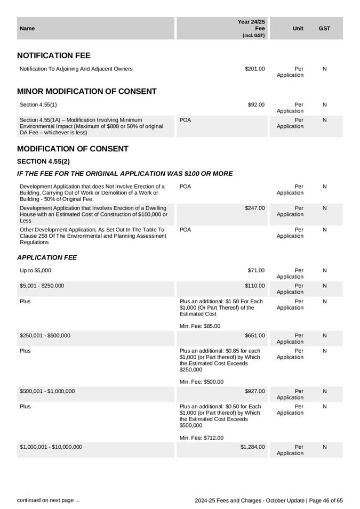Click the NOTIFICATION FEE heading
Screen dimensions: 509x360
54,55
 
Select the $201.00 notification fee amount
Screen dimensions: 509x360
254,69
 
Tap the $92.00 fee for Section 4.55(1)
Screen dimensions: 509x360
256,105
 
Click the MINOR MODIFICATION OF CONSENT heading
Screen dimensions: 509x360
87,92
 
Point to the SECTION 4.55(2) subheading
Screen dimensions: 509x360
44,161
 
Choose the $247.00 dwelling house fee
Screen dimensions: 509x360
254,208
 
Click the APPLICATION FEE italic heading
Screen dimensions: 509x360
47,258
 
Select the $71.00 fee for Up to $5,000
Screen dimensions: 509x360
256,271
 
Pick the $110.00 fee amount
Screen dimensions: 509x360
254,286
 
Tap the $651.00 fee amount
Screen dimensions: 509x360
254,336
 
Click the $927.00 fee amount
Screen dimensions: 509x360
254,391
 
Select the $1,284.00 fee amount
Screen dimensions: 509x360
252,447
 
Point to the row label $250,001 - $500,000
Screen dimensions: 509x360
45,336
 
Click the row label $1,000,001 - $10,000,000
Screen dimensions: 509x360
51,447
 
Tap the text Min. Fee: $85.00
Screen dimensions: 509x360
200,326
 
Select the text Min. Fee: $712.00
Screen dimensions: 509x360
202,438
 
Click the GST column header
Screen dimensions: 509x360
324,28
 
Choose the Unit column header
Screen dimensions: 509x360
298,28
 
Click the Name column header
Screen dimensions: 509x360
27,28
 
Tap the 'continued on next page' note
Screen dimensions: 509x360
49,500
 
